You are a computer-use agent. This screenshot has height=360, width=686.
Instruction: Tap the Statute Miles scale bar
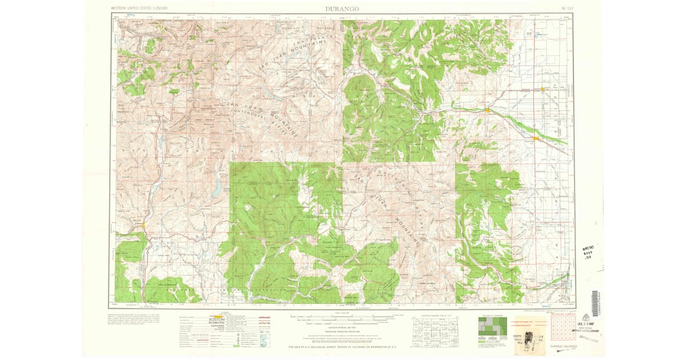tap(341, 316)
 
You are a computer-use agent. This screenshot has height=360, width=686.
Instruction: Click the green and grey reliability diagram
tap(492, 329)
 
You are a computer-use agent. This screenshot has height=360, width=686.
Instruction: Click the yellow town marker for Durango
tap(143, 225)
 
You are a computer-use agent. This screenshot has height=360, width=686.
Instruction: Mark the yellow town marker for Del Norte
tap(487, 110)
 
